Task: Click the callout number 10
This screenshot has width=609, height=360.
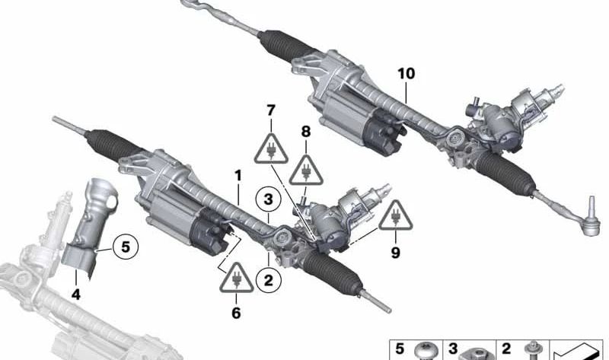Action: pos(406,73)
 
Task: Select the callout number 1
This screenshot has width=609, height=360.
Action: pos(238,176)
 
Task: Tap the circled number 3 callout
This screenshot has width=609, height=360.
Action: pos(269,199)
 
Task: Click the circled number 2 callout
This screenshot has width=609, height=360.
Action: pos(269,279)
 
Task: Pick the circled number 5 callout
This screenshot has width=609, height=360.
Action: pos(125,247)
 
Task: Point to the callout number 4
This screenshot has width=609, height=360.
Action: pos(75,295)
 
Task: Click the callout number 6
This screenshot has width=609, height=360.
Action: pos(236,313)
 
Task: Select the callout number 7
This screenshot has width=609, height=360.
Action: pos(271,110)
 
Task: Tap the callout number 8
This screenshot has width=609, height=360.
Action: pos(306,132)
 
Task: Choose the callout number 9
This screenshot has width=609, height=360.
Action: pos(395,253)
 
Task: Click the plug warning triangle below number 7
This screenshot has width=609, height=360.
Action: pos(271,148)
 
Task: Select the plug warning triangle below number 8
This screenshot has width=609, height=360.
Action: pos(306,170)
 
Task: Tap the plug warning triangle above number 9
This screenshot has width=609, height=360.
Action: pos(396,215)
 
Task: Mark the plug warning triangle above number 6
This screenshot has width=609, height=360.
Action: pos(236,278)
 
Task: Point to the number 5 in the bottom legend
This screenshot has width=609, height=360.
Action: pos(400,349)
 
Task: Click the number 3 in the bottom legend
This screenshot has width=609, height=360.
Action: pos(453,349)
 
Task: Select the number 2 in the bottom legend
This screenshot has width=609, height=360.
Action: pos(505,349)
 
